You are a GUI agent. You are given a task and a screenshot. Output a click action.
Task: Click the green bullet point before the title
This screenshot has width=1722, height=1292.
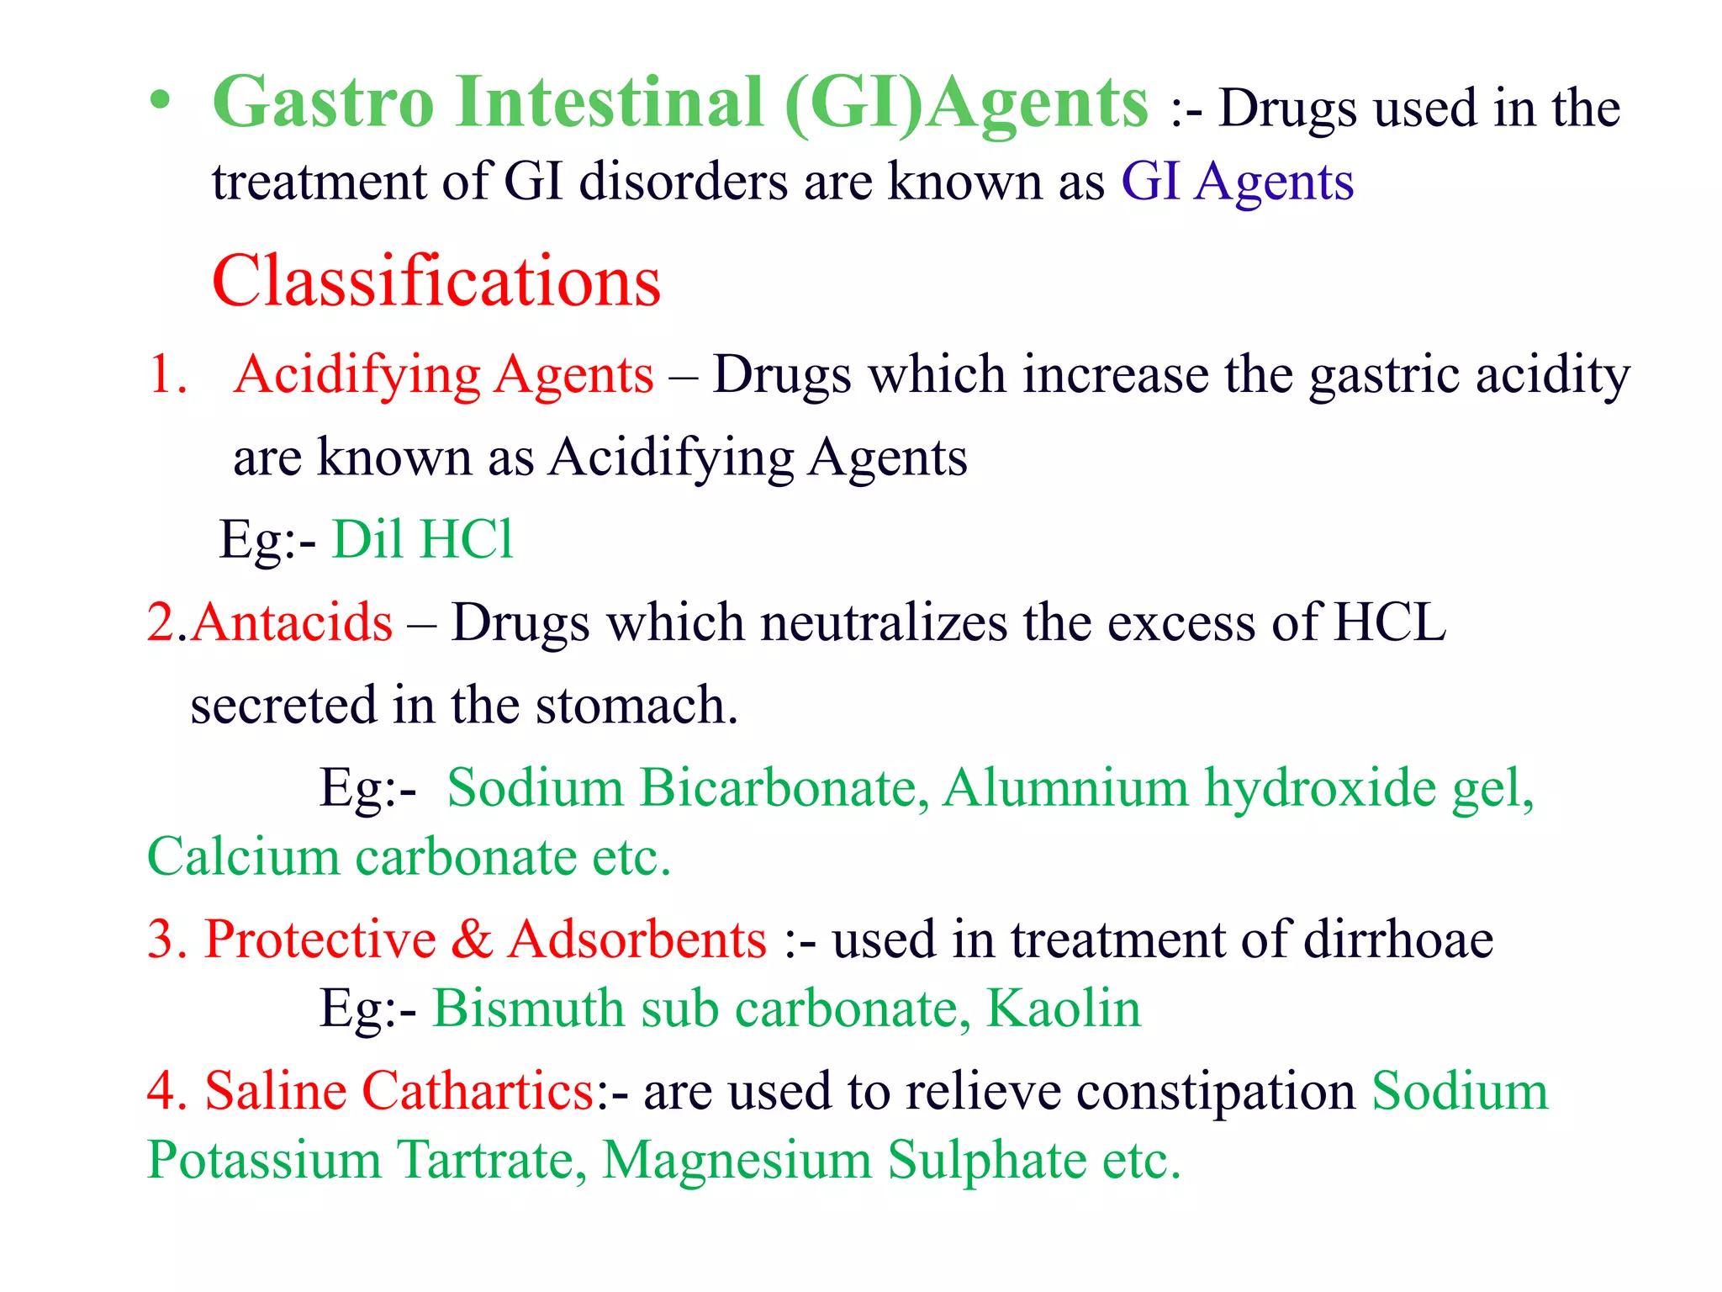pos(160,104)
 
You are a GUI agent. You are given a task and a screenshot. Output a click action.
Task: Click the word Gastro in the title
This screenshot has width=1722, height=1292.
pos(323,103)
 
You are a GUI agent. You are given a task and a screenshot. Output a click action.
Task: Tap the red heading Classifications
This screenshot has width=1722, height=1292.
pos(436,281)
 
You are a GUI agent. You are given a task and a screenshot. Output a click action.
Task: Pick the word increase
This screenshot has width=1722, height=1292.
pos(1115,374)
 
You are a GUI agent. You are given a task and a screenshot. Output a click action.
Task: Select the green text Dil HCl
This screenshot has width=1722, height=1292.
pos(422,539)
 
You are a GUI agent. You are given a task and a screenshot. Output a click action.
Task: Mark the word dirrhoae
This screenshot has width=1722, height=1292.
pos(1398,939)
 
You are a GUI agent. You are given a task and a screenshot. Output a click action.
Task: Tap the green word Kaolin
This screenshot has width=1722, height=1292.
pos(1064,1008)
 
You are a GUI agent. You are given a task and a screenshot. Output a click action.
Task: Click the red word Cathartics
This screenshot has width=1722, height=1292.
pos(478,1091)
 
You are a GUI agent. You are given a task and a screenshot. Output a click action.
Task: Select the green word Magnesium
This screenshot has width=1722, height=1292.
pos(737,1160)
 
